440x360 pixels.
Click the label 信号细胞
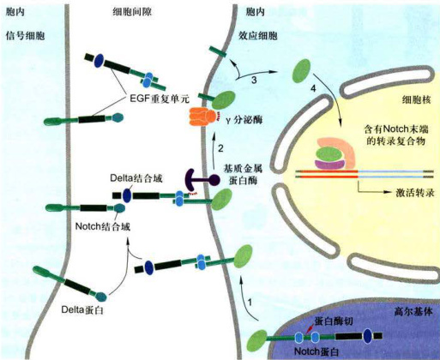click(26, 36)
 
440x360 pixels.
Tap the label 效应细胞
click(258, 36)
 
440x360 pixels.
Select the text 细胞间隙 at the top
click(132, 12)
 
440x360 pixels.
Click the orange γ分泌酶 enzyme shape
click(202, 117)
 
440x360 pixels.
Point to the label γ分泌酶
click(244, 120)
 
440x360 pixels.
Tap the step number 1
click(250, 303)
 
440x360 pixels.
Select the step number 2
click(220, 148)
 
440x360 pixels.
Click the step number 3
click(254, 80)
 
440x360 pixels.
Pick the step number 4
click(313, 89)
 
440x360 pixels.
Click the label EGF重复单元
click(160, 99)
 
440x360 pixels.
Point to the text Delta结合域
click(136, 178)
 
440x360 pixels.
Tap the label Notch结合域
click(103, 226)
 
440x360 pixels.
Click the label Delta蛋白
click(82, 310)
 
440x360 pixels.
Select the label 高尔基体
click(413, 311)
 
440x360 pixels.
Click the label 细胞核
click(416, 99)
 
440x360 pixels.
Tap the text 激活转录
click(415, 193)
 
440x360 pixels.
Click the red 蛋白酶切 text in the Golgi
click(334, 321)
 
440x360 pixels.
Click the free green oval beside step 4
click(301, 71)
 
